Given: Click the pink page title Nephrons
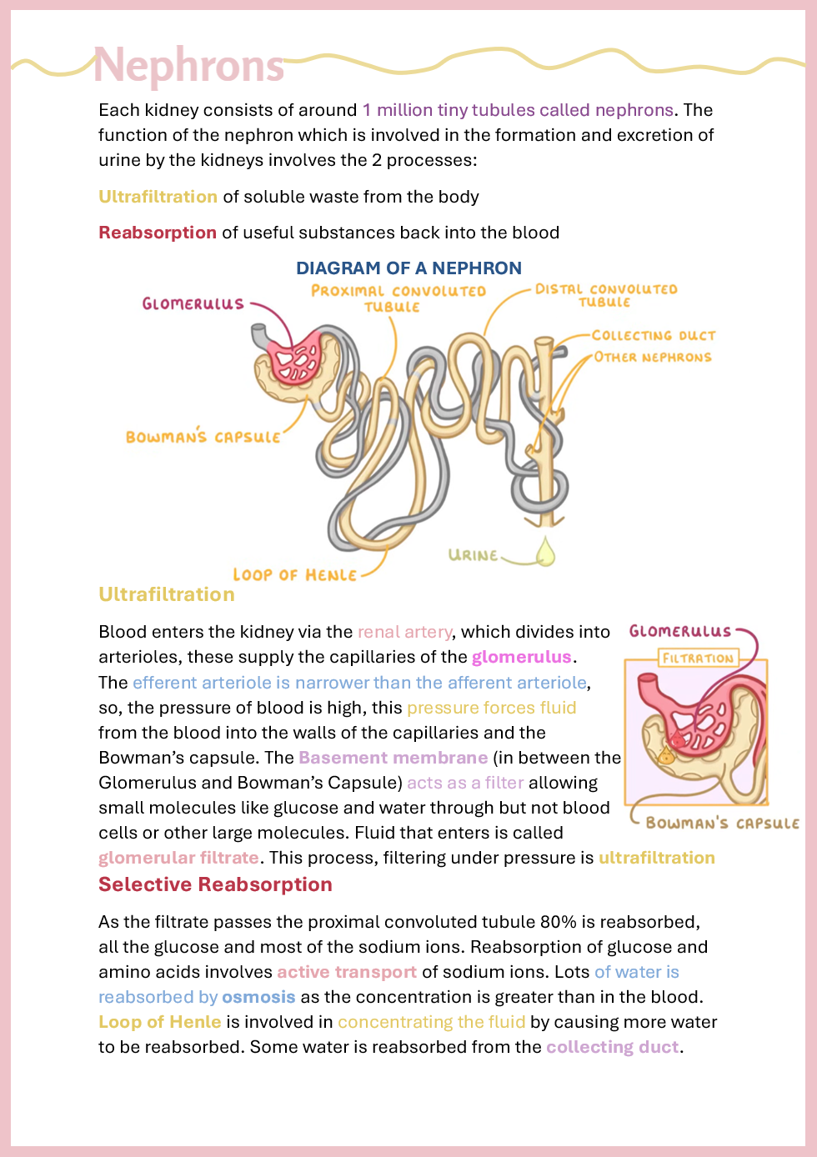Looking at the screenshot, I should tap(188, 65).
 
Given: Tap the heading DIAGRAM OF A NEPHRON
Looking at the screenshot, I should tap(408, 268).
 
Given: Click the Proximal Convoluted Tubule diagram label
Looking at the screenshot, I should tap(397, 298).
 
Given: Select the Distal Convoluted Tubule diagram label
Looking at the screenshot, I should tap(606, 295).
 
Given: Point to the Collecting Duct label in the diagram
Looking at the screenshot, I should tap(654, 335).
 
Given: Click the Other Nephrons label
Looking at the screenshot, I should tap(653, 357).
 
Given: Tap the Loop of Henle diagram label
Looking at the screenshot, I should tap(294, 575).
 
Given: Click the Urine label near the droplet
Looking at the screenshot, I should tap(473, 555).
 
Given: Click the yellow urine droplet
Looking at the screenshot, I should tap(545, 552).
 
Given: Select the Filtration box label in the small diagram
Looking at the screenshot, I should tap(698, 658).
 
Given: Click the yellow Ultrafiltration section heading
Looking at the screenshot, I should tap(167, 594).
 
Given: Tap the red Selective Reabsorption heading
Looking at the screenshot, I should tap(215, 884).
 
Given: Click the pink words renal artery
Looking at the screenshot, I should tap(404, 632).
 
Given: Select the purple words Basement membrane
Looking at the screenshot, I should tap(393, 758).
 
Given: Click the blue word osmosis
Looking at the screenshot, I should tap(258, 997).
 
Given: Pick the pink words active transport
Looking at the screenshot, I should tap(346, 972).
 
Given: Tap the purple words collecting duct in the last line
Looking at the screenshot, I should tap(612, 1047).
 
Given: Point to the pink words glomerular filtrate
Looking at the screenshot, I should tap(178, 858).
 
